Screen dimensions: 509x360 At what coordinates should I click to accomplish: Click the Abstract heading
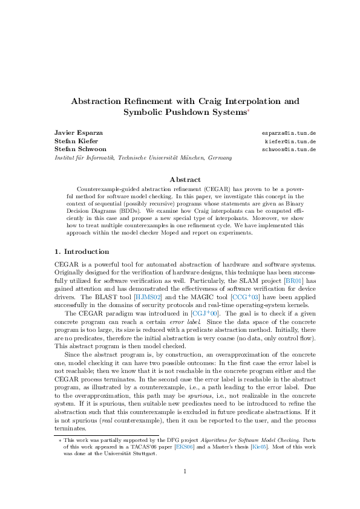[180, 179]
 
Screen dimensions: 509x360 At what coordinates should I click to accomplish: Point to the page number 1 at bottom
[180, 469]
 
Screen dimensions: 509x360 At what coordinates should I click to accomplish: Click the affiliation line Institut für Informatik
[134, 157]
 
